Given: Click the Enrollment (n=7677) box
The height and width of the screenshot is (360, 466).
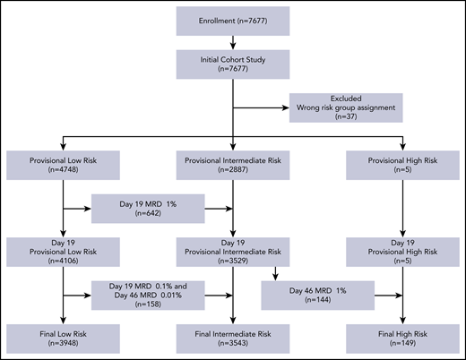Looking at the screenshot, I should pyautogui.click(x=233, y=20).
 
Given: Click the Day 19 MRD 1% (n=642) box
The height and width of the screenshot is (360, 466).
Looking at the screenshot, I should pyautogui.click(x=149, y=211).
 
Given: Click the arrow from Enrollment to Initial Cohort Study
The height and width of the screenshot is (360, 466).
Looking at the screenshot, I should pyautogui.click(x=233, y=43).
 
